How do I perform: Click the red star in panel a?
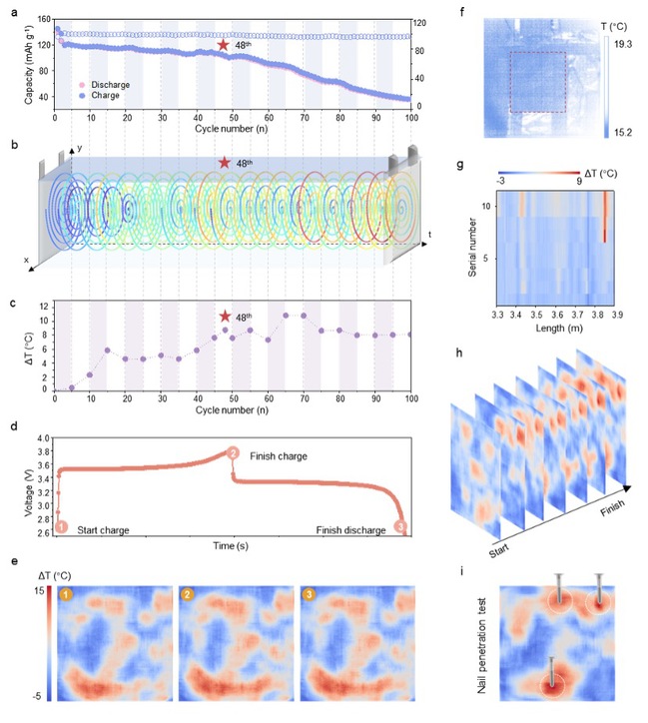pyautogui.click(x=224, y=45)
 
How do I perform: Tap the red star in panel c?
pyautogui.click(x=225, y=317)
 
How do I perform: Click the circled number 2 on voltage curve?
pyautogui.click(x=233, y=452)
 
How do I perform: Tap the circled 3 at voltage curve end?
pyautogui.click(x=400, y=527)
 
